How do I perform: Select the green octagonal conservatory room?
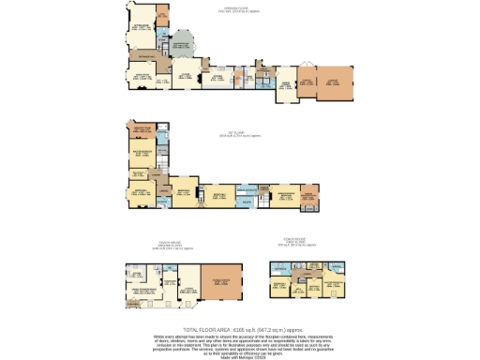click(182, 44)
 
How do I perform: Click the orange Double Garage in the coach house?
click(222, 281)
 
